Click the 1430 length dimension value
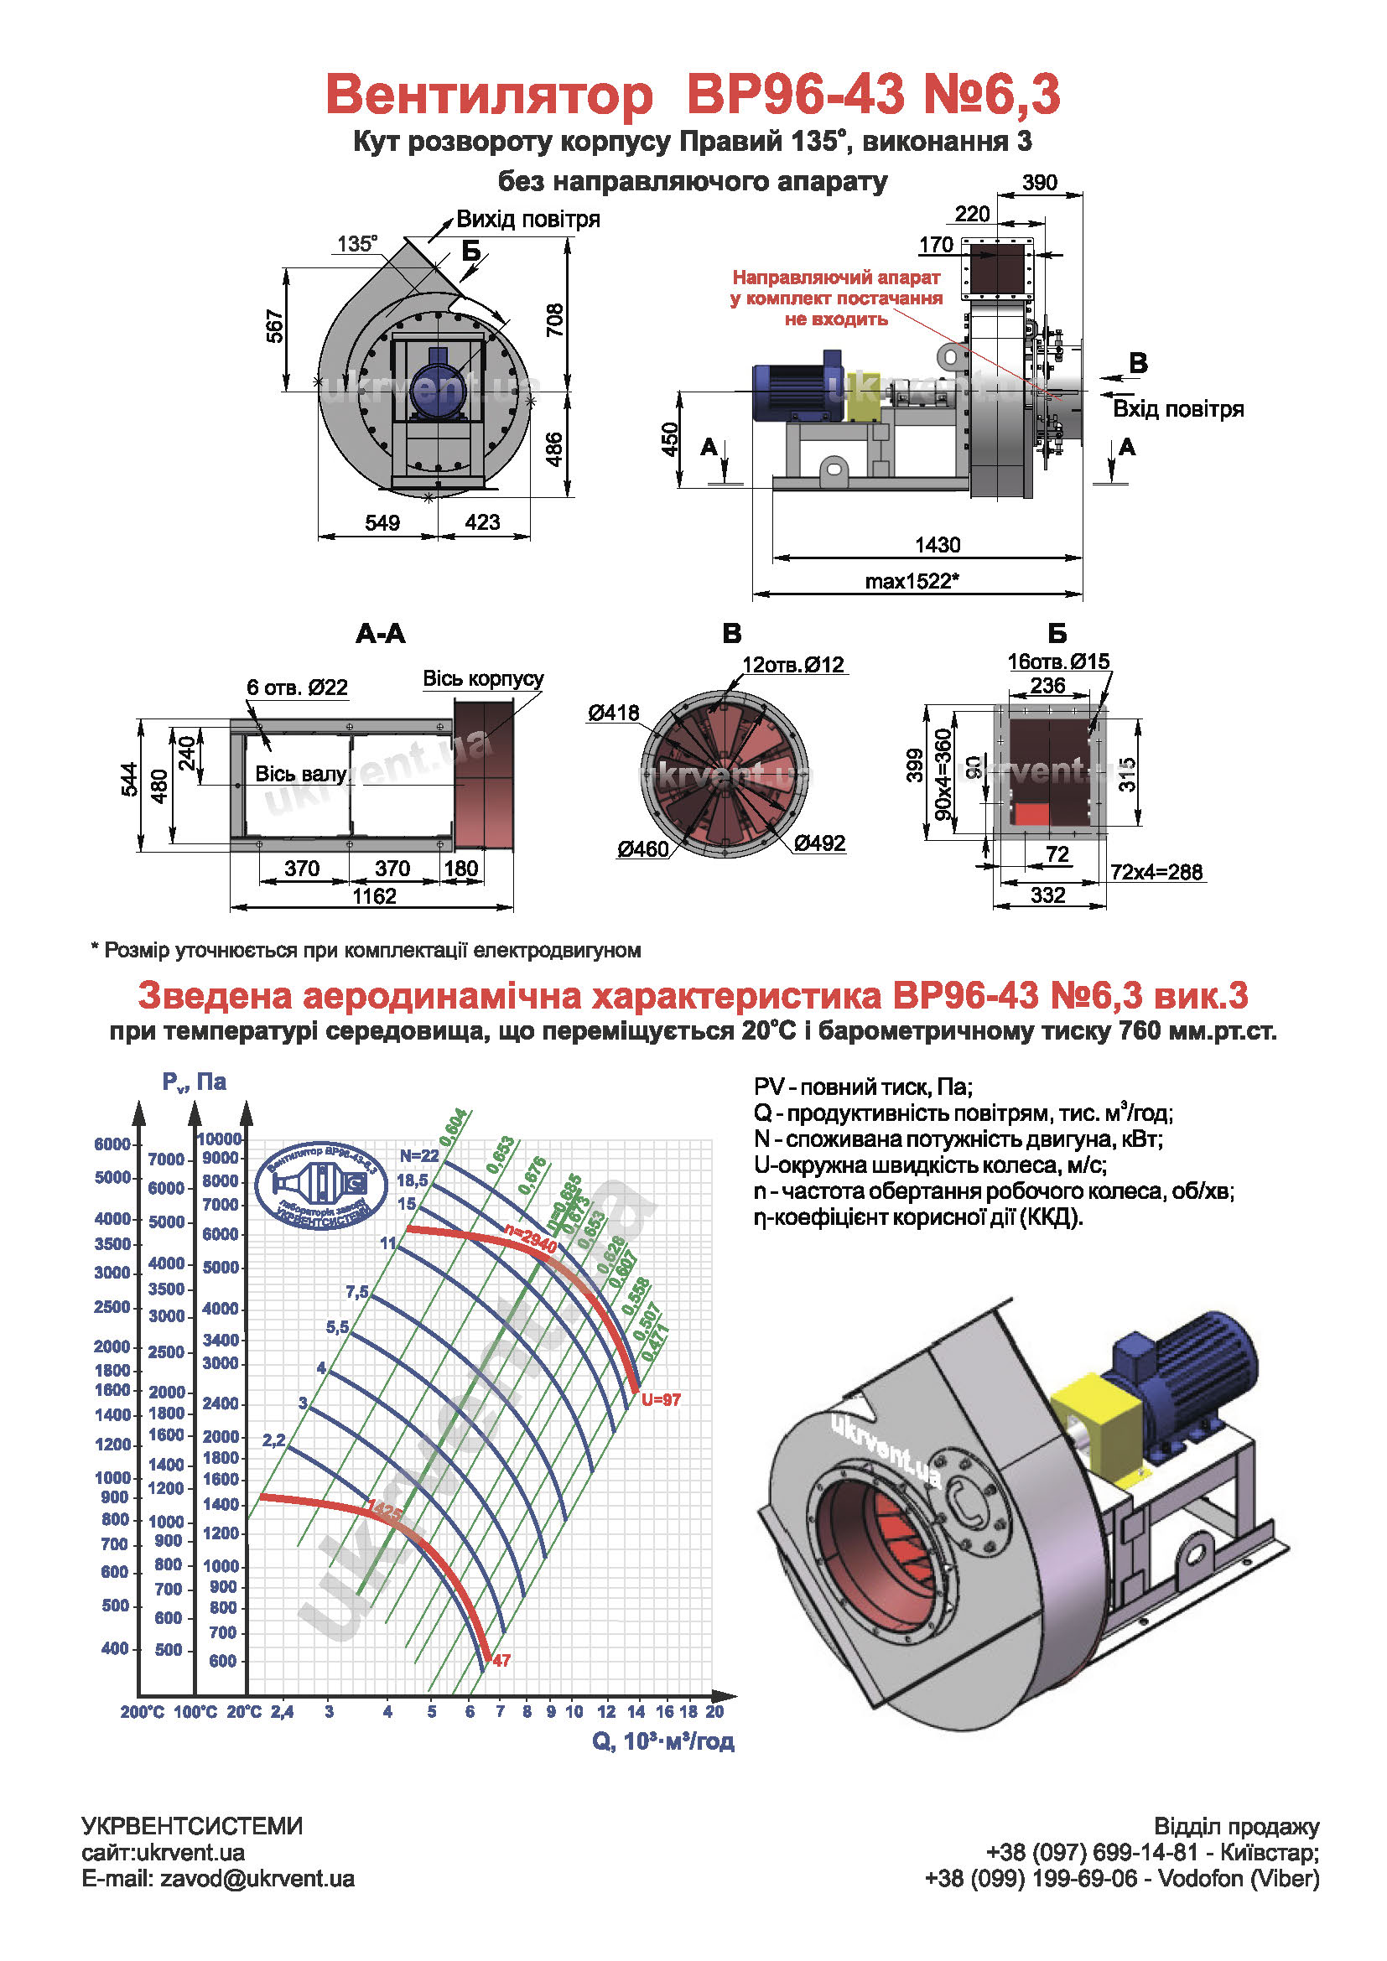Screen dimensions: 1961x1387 (937, 545)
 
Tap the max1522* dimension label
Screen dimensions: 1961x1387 (912, 582)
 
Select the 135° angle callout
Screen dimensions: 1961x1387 (357, 244)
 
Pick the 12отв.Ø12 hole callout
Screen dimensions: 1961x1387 (792, 665)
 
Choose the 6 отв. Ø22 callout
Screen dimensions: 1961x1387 (297, 687)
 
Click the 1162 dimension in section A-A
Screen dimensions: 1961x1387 (374, 896)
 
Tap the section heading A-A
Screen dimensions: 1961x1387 (380, 634)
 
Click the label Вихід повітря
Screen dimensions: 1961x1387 (527, 220)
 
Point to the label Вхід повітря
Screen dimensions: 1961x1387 (1177, 409)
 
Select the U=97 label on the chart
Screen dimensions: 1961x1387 (660, 1399)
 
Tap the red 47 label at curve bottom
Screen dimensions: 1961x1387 (501, 1660)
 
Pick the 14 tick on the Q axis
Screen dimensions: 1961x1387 (636, 1712)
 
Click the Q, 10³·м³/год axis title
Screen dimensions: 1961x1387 (662, 1741)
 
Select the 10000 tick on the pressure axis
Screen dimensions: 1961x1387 (220, 1139)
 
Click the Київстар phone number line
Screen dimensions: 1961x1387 (1152, 1853)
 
